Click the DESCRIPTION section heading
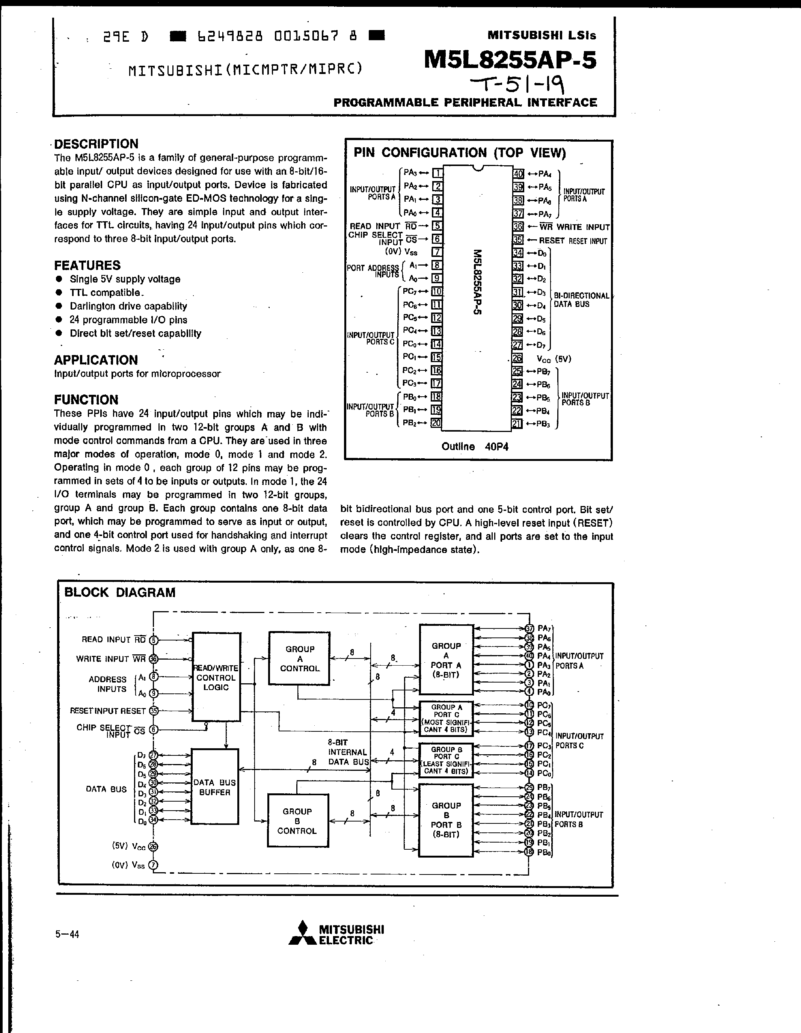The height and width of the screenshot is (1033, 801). pyautogui.click(x=96, y=144)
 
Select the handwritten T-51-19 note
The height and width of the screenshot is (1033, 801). pyautogui.click(x=517, y=85)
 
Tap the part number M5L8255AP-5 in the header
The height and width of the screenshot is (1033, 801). pyautogui.click(x=510, y=60)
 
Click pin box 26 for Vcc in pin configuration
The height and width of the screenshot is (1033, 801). pyautogui.click(x=517, y=358)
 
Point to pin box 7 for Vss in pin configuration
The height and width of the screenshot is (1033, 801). pyautogui.click(x=437, y=252)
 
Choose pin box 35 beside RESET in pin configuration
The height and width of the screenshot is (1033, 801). pyautogui.click(x=518, y=240)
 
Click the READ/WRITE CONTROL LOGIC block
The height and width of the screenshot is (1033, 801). pyautogui.click(x=216, y=677)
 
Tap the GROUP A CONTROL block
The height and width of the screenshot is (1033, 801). pyautogui.click(x=299, y=658)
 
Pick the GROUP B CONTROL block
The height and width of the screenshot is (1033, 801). pyautogui.click(x=297, y=821)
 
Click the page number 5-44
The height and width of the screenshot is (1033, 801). pyautogui.click(x=67, y=934)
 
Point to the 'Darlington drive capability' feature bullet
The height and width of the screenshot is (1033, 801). pyautogui.click(x=128, y=306)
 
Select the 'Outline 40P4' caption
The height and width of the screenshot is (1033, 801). pyautogui.click(x=475, y=447)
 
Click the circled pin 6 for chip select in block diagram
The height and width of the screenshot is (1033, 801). pyautogui.click(x=154, y=730)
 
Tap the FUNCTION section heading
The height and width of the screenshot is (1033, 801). pyautogui.click(x=86, y=400)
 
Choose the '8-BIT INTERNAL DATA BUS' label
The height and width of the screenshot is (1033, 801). pyautogui.click(x=347, y=752)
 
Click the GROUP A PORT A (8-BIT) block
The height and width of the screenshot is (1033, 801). pyautogui.click(x=446, y=660)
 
